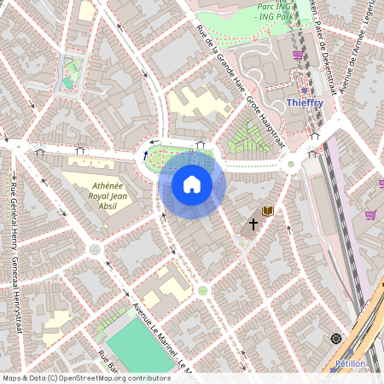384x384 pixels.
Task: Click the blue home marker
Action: click(192, 184)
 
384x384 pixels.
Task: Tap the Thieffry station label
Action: click(305, 102)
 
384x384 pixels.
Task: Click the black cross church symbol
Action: click(253, 224)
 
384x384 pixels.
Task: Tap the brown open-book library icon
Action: click(268, 210)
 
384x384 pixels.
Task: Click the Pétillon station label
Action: click(347, 364)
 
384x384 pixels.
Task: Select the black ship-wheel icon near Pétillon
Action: click(336, 339)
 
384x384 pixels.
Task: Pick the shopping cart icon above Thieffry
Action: click(298, 55)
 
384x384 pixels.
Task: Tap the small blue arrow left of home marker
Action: click(145, 155)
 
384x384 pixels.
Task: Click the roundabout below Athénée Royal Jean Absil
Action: click(95, 250)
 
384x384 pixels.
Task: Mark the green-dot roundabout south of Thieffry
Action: click(291, 164)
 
